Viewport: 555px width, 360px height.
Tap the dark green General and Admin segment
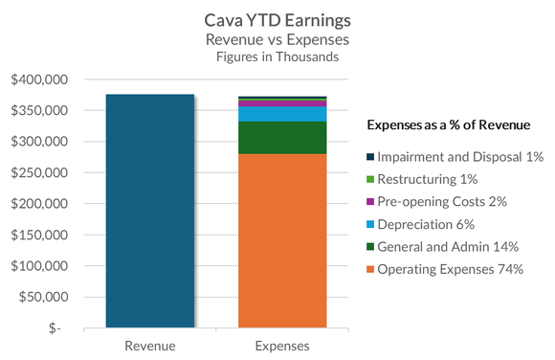282,138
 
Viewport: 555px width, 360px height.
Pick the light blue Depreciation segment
282,114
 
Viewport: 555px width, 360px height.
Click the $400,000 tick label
39,79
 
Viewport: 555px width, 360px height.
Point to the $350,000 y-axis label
39,111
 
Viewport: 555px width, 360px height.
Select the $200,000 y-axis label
39,204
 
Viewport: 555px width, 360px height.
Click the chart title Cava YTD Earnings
277,19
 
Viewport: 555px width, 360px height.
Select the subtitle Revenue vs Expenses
277,39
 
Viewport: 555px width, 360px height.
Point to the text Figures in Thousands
277,56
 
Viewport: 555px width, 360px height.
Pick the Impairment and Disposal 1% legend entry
454,157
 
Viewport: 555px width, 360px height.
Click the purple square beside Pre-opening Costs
370,202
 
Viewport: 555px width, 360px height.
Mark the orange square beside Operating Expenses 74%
370,269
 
